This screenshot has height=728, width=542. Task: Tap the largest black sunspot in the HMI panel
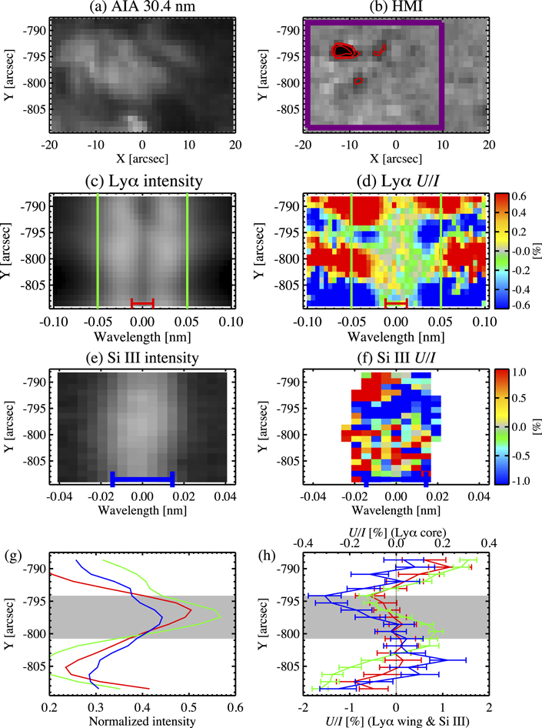point(342,51)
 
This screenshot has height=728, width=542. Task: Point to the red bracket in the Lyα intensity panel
point(142,301)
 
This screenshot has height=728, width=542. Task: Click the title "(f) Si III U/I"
point(395,357)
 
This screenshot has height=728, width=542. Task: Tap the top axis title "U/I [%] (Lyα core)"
point(395,532)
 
